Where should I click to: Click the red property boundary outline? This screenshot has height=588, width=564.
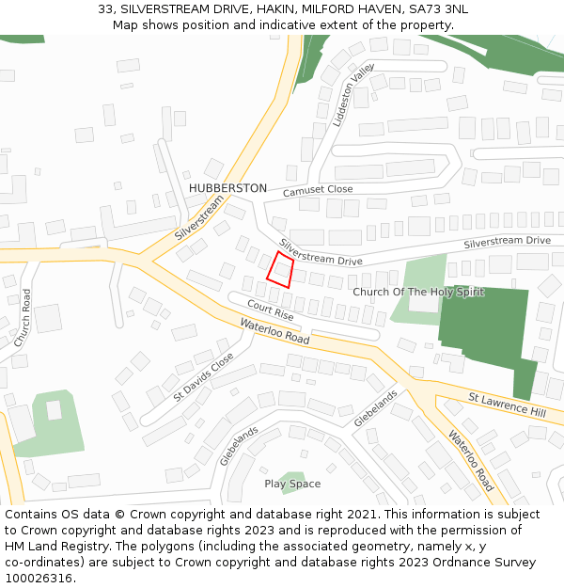point(279,268)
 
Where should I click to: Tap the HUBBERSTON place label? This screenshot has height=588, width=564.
point(227,188)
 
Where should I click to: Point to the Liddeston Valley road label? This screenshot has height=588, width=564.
point(353,95)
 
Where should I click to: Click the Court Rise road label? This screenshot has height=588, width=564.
point(271,311)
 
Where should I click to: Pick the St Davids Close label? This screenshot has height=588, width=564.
point(203,377)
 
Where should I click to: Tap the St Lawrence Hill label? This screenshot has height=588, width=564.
point(507,406)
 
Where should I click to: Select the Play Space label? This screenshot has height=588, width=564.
point(292,484)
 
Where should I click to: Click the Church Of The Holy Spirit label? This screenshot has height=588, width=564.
point(418,292)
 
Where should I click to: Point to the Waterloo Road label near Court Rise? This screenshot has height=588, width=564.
point(274,331)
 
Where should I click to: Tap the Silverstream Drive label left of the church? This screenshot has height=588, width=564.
point(320,252)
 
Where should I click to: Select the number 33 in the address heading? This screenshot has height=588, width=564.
point(105,9)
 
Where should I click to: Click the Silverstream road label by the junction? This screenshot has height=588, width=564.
point(199,218)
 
